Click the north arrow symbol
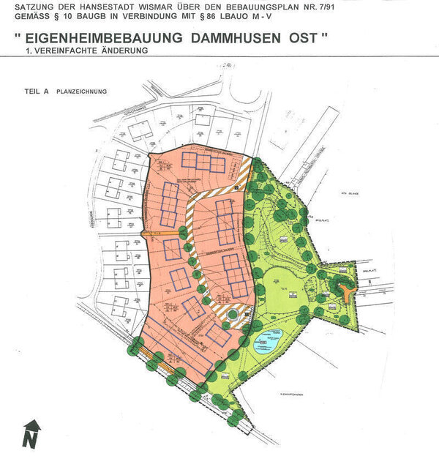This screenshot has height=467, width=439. coord(31,434)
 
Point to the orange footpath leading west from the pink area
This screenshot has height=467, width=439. coord(154,233)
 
